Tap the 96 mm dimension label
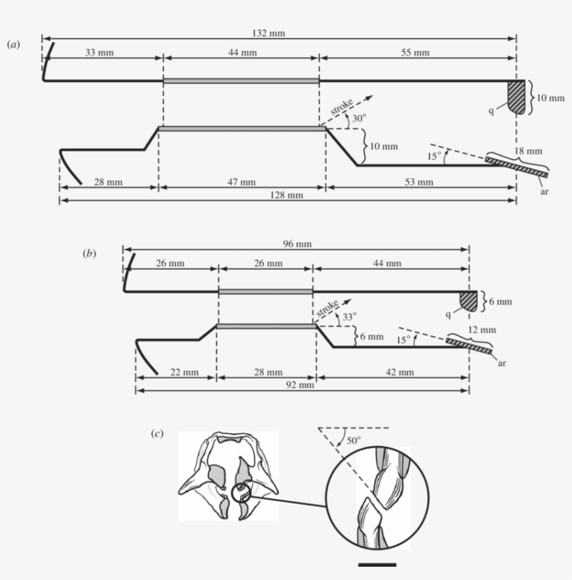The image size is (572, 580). (x=296, y=244)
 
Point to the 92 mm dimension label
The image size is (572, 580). (x=301, y=385)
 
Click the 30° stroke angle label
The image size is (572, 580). (x=359, y=119)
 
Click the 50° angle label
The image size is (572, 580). (x=354, y=440)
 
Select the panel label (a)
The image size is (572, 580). (x=13, y=44)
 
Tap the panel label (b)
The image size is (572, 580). (x=89, y=254)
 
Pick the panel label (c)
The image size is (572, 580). (x=158, y=434)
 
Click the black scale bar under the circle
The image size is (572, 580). (x=377, y=564)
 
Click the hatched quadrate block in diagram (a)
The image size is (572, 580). (x=516, y=93)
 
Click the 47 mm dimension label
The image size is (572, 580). (x=242, y=182)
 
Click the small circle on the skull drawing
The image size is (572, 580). (x=241, y=494)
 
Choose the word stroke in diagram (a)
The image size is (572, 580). (x=348, y=105)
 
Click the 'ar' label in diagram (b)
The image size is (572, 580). (x=502, y=362)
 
